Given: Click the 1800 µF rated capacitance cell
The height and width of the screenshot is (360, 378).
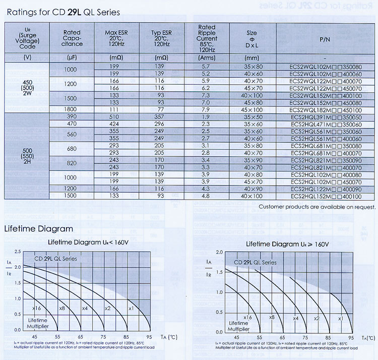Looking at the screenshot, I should [70, 109].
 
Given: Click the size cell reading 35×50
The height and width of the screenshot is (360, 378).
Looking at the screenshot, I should [251, 116].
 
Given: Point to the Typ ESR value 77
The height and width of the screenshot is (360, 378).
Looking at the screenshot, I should [160, 109].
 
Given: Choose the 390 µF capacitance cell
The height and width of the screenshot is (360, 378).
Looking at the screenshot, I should [70, 116].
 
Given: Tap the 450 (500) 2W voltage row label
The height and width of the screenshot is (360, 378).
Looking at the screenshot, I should [27, 88].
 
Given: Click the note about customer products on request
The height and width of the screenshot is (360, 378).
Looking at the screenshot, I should [317, 207].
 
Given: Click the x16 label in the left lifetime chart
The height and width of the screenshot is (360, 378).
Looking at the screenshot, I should [36, 308].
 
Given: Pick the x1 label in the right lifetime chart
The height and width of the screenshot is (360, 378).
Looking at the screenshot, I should [340, 318].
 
